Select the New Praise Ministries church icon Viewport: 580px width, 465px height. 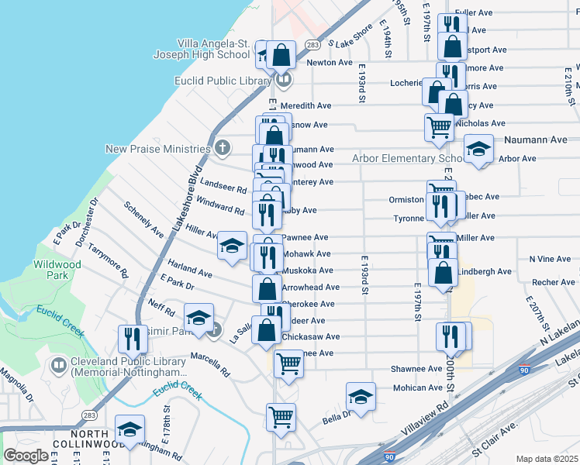[x=222, y=148]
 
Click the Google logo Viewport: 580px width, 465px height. [x=26, y=456]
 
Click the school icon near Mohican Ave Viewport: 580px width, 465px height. [x=361, y=396]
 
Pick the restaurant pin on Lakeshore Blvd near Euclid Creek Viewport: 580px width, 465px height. [x=133, y=338]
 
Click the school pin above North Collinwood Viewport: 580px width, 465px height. [x=129, y=429]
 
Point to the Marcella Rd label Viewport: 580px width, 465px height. [x=210, y=365]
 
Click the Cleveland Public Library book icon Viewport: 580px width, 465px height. [x=57, y=364]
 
